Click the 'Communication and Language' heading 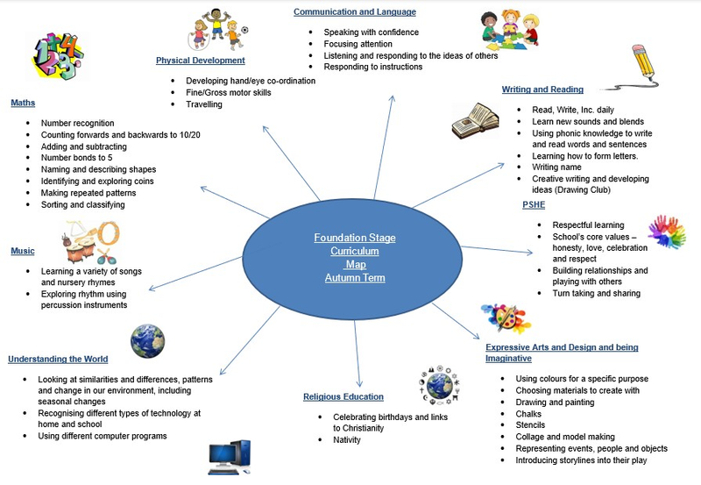pyautogui.click(x=354, y=12)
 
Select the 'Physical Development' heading pyautogui.click(x=201, y=61)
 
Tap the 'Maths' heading pyautogui.click(x=23, y=103)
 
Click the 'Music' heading pyautogui.click(x=23, y=251)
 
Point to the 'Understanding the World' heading pyautogui.click(x=58, y=359)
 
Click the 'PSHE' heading pyautogui.click(x=535, y=205)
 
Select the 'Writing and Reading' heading pyautogui.click(x=542, y=89)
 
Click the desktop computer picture pyautogui.click(x=230, y=458)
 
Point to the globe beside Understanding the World pyautogui.click(x=147, y=340)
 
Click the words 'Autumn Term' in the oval pyautogui.click(x=355, y=278)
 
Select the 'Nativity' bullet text pyautogui.click(x=346, y=439)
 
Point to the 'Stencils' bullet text pyautogui.click(x=531, y=424)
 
